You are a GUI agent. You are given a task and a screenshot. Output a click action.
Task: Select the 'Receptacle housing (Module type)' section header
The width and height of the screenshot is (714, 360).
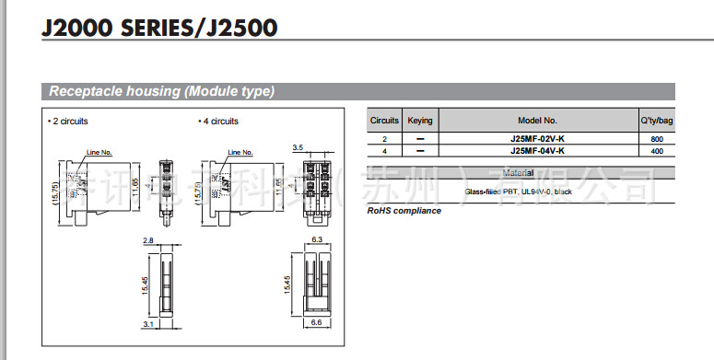coord(161,91)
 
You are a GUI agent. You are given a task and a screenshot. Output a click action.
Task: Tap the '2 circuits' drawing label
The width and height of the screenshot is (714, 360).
coord(68,121)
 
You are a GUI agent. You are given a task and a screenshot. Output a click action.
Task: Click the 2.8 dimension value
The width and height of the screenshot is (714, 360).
coord(147,239)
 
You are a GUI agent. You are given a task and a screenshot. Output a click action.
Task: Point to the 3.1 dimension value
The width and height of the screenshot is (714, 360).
coord(147,324)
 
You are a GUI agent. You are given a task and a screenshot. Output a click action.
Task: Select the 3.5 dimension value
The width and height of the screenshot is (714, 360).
coord(298,147)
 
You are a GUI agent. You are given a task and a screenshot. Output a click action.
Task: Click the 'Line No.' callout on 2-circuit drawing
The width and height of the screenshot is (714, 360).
coord(99,152)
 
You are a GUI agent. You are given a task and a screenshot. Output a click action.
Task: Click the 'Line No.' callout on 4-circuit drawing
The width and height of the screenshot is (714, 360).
coord(240,152)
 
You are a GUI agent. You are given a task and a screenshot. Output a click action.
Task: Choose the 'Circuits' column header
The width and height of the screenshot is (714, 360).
coord(384,121)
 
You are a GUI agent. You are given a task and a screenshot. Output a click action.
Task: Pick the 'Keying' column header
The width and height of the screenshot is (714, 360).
coord(420,121)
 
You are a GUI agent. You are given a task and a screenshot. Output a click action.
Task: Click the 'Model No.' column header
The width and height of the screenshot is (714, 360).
coord(537,121)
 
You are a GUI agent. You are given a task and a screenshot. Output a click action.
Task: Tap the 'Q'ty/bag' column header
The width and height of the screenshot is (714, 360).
coord(656,121)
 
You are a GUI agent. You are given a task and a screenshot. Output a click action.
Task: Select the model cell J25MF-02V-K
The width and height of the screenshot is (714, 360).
coord(537,138)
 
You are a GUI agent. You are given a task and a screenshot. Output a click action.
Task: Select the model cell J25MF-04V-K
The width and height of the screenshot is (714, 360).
coord(537,150)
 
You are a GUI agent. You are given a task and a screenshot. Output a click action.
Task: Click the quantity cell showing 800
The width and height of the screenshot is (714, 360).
coord(657,138)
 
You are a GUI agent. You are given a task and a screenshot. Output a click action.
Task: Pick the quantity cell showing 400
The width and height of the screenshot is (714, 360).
coord(657,150)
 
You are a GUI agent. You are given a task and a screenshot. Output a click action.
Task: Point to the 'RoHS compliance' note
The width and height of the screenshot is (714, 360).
coord(404,211)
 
